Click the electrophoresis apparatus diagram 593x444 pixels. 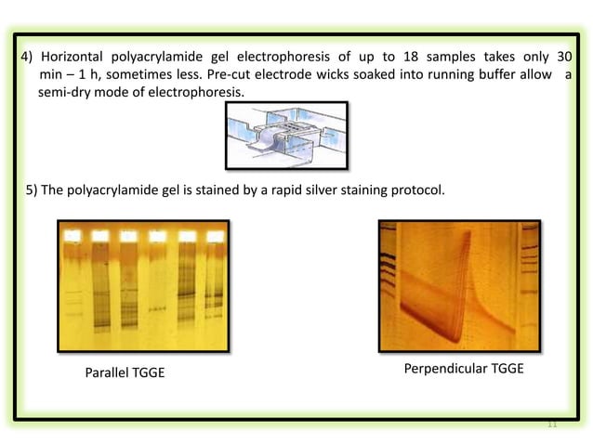[x=286, y=135]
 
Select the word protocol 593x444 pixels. [x=417, y=191]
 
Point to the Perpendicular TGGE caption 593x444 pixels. [x=464, y=369]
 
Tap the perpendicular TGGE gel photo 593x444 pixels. [x=459, y=285]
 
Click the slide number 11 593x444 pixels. [x=551, y=424]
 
